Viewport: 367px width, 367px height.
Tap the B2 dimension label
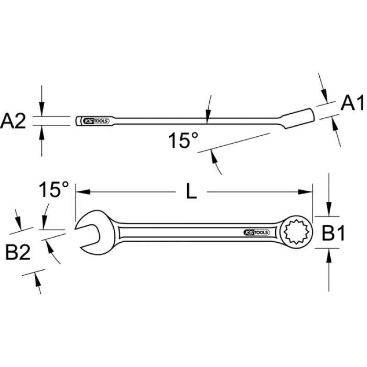click(x=18, y=252)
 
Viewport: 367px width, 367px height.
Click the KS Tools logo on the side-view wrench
click(x=94, y=121)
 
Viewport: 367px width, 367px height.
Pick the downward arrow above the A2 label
click(x=42, y=111)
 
